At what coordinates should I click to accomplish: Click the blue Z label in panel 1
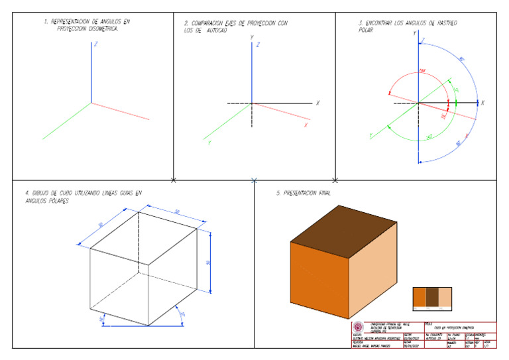pyautogui.click(x=97, y=44)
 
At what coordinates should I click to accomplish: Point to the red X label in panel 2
pyautogui.click(x=306, y=125)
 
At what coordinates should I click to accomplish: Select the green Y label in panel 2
pyautogui.click(x=209, y=141)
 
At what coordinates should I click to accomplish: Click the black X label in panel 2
pyautogui.click(x=318, y=103)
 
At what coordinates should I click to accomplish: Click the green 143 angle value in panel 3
pyautogui.click(x=429, y=137)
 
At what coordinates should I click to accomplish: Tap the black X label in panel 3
pyautogui.click(x=483, y=103)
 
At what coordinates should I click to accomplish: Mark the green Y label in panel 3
pyautogui.click(x=370, y=136)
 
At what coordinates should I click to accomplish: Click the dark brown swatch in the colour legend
pyautogui.click(x=431, y=297)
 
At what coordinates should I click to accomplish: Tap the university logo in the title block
pyautogui.click(x=359, y=327)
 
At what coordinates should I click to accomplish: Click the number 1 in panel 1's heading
pyautogui.click(x=46, y=23)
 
